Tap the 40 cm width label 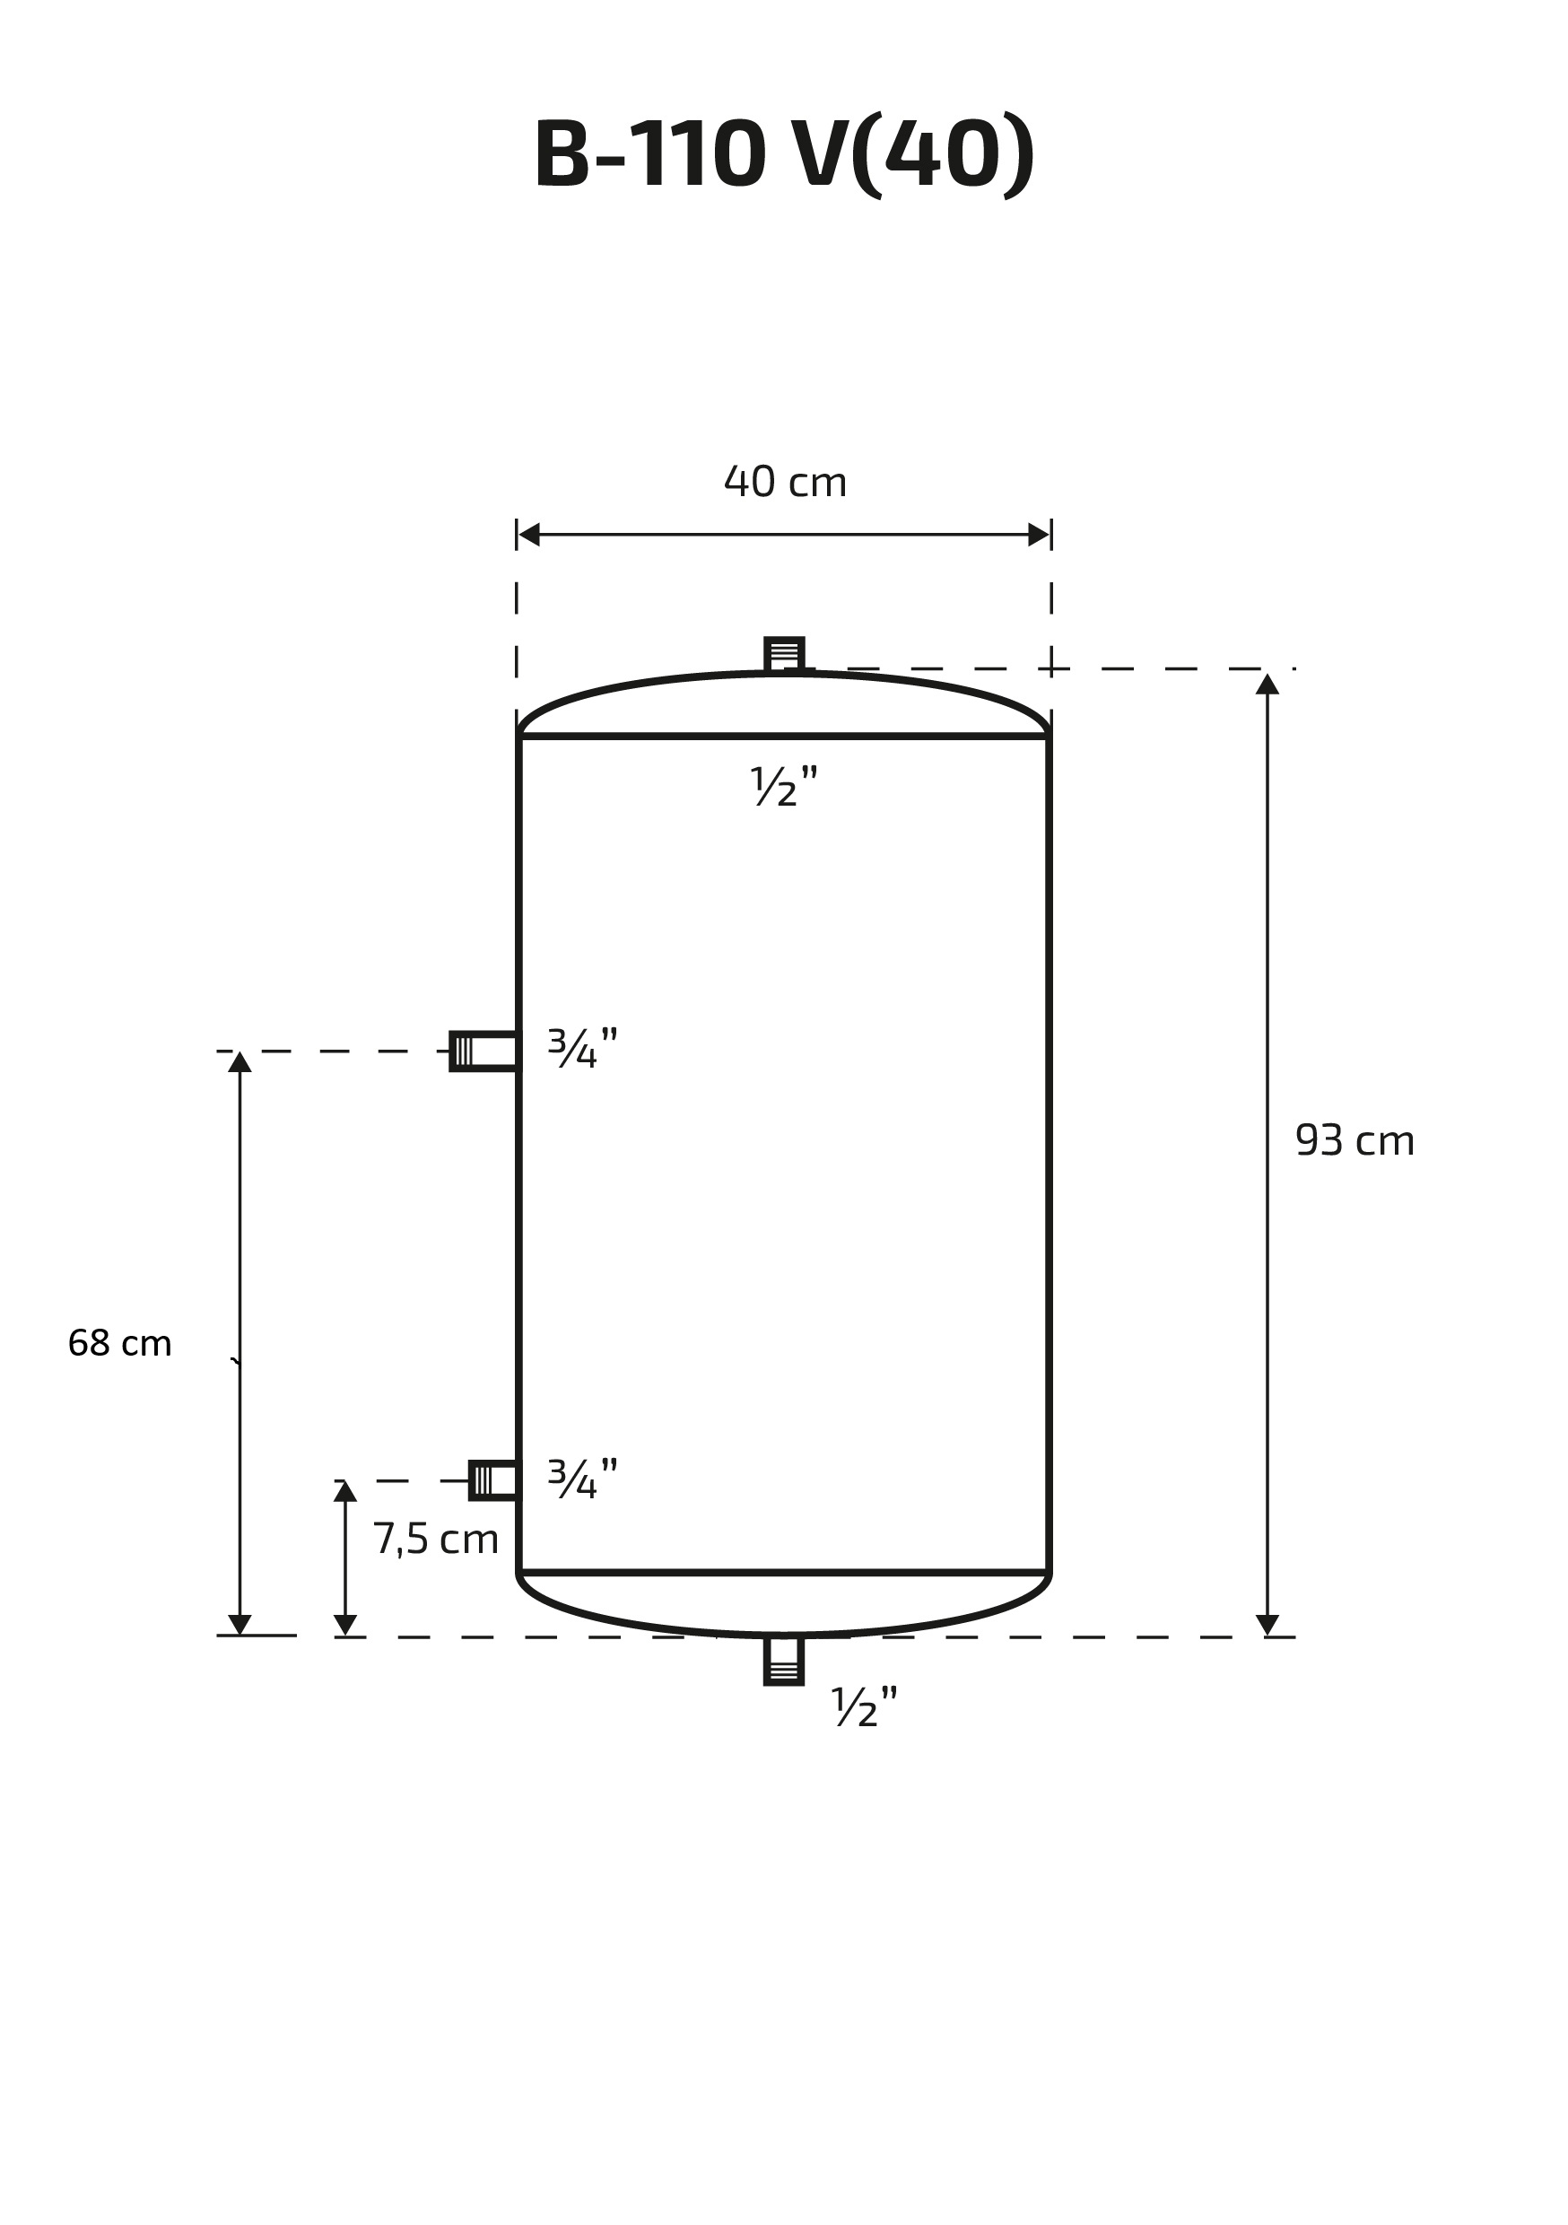pyautogui.click(x=785, y=482)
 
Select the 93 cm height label pyautogui.click(x=1355, y=1140)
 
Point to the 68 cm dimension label pyautogui.click(x=120, y=1343)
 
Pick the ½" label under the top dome pyautogui.click(x=784, y=786)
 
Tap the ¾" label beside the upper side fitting pyautogui.click(x=582, y=1048)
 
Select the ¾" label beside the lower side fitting pyautogui.click(x=582, y=1479)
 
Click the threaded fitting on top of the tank pyautogui.click(x=784, y=654)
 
